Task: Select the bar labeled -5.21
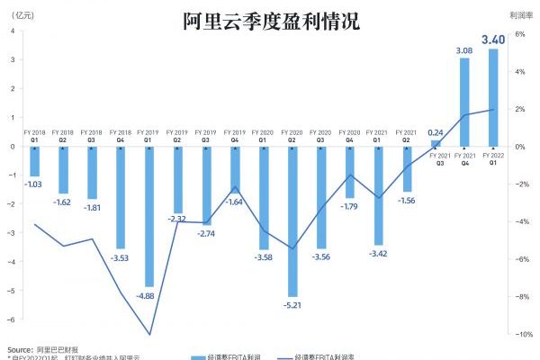pos(292,220)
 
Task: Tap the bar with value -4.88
pos(149,216)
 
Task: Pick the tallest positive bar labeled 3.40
pos(492,97)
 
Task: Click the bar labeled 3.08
pos(464,103)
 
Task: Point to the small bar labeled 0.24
pos(436,143)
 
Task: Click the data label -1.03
pos(34,184)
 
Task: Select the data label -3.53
pos(121,258)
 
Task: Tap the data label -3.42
pos(378,255)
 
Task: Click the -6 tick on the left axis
pos(13,319)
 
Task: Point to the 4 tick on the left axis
pos(13,31)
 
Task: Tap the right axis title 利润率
pos(519,15)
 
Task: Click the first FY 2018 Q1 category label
pos(34,137)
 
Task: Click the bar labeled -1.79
pos(350,172)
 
